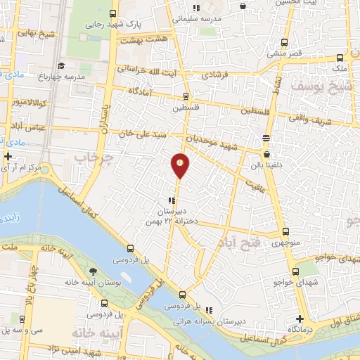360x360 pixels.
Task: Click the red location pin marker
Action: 180,166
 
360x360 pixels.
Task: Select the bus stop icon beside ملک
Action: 340,58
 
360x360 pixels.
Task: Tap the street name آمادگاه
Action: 143,92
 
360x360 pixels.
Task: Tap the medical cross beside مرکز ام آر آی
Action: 8,156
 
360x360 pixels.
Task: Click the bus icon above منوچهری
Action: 285,232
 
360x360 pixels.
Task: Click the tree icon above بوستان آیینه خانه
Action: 94,271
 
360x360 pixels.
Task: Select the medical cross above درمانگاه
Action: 300,319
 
